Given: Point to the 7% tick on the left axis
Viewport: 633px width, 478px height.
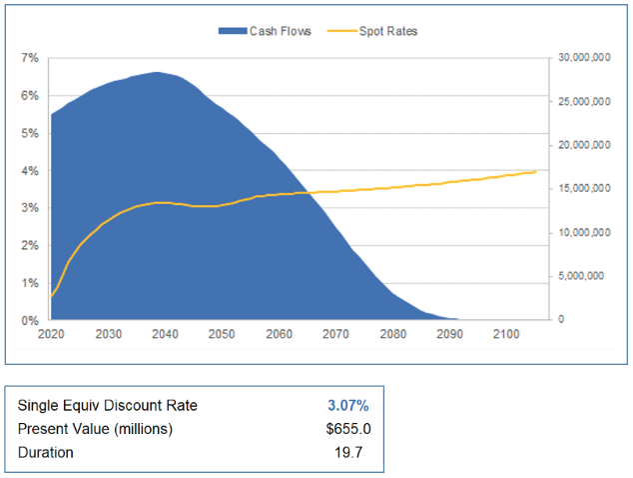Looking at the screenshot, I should [x=30, y=58].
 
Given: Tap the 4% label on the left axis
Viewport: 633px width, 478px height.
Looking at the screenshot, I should [x=30, y=171].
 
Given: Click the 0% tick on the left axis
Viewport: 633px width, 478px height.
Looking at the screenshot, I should [x=30, y=321].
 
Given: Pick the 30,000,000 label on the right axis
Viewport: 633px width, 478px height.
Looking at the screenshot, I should [x=584, y=58].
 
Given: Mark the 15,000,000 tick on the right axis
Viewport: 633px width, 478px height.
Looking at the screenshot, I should [x=584, y=189].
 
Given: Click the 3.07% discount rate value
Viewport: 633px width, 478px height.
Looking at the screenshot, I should [x=347, y=405].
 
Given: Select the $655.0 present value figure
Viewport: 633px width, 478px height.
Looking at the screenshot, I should [x=346, y=429].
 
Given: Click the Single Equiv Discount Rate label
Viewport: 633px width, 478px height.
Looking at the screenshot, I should [x=108, y=405].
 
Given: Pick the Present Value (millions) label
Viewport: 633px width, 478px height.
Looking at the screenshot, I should [x=95, y=429].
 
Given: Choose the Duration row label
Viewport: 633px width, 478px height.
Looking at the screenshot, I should [x=46, y=452].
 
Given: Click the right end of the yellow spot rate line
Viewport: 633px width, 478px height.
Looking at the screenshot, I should [x=536, y=172].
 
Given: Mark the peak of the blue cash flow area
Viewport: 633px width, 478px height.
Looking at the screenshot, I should [x=158, y=72].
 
